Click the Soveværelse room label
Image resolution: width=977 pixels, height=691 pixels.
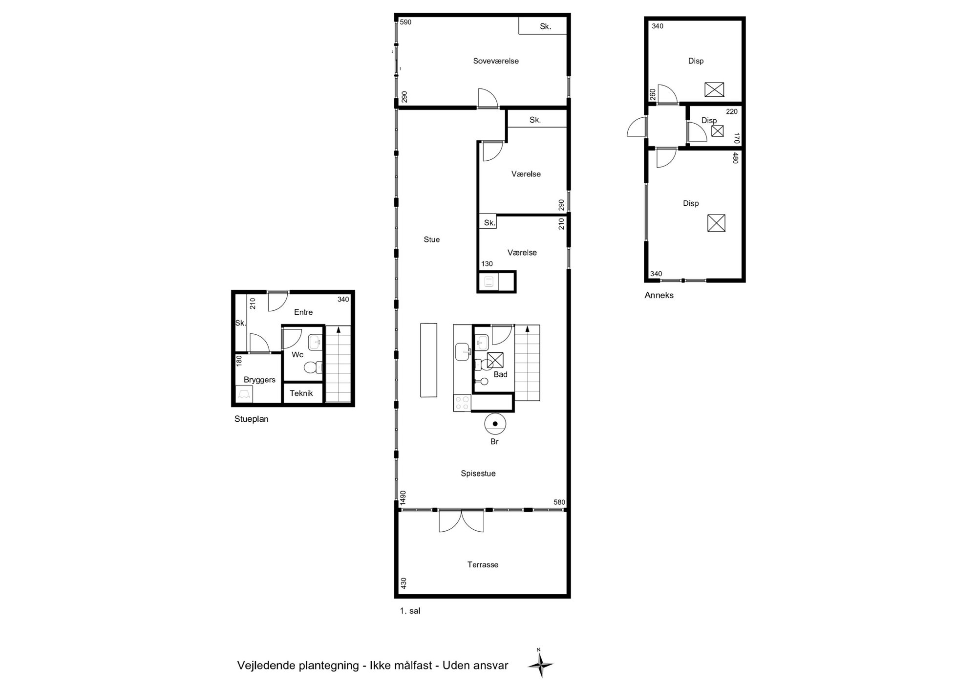[496, 61]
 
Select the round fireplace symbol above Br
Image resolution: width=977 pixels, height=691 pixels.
[495, 424]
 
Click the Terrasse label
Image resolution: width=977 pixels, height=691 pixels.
[483, 564]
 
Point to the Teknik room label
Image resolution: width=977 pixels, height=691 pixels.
[301, 393]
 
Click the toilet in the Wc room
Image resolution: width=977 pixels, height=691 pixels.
[313, 367]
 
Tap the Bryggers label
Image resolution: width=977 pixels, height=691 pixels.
[259, 380]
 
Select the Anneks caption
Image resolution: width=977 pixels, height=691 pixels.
[659, 295]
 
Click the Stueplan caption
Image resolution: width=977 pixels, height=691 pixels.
[251, 419]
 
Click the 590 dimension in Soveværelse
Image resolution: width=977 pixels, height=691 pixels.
[406, 22]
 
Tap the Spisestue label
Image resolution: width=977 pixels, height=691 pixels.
[478, 474]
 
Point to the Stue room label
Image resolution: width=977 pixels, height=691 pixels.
[432, 239]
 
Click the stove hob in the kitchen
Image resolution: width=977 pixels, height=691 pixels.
[462, 403]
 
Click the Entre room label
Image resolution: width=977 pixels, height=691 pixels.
[303, 312]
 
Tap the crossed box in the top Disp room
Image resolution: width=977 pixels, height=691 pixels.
[714, 90]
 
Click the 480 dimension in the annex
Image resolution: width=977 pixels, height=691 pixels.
[735, 158]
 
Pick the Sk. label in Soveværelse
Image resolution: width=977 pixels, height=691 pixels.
[545, 26]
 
